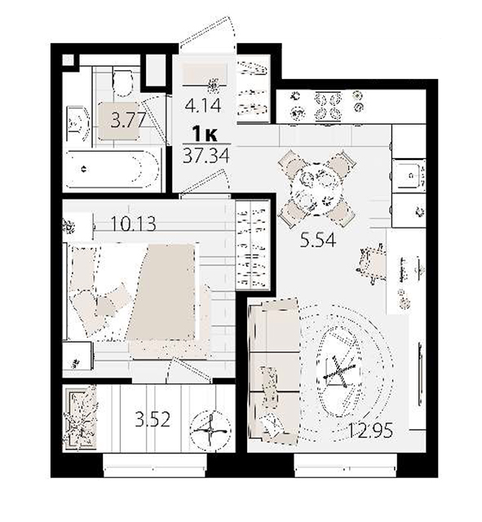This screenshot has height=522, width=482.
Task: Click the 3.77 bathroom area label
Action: (129, 120)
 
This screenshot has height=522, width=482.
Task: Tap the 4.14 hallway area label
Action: (203, 106)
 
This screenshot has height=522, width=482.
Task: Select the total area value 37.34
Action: (206, 155)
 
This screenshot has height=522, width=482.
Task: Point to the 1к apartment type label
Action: (206, 135)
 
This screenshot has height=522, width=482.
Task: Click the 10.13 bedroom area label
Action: (133, 223)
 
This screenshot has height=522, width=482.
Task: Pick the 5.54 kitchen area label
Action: (318, 240)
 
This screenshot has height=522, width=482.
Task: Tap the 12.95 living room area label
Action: (370, 431)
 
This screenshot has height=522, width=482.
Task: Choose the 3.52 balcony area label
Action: (153, 419)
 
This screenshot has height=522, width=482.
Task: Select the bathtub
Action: (113, 170)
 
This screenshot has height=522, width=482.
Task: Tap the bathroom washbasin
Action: (77, 124)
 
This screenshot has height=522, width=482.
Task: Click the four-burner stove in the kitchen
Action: (329, 105)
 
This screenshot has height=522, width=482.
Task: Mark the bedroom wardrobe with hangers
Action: (252, 245)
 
